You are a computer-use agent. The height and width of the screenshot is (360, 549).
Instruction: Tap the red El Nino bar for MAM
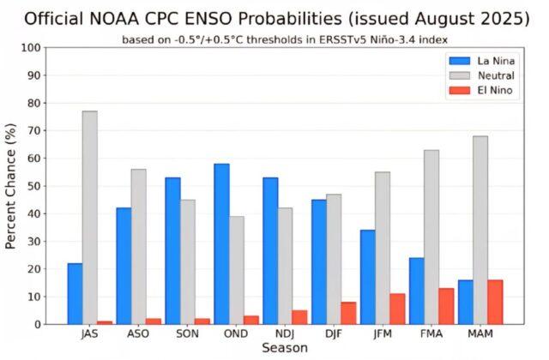pos(496,302)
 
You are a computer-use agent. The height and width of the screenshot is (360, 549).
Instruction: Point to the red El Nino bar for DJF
pos(349,313)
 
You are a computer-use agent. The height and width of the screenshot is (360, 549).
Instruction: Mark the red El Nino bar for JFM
pos(398,309)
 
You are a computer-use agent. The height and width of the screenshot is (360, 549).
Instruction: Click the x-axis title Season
pos(285,349)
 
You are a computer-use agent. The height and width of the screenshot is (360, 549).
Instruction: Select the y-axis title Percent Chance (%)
pos(11,185)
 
